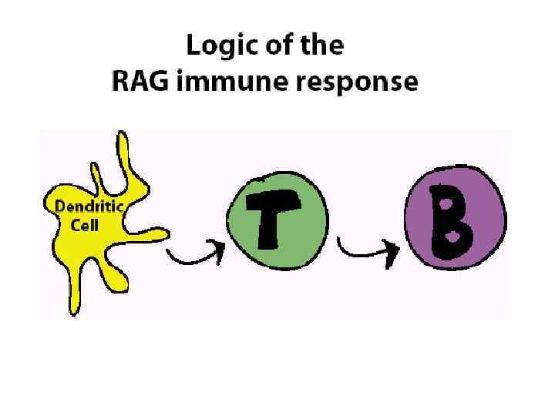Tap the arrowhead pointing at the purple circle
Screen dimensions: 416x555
point(394,248)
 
